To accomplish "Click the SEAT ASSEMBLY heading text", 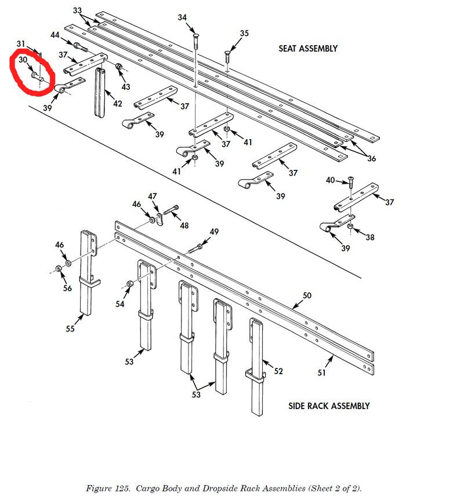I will tap(308, 49).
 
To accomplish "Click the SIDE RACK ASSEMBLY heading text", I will tap(329, 406).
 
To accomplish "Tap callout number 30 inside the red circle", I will tap(23, 60).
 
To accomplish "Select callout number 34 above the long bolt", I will tap(183, 17).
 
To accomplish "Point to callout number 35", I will tap(244, 34).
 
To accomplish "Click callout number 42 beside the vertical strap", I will tap(118, 104).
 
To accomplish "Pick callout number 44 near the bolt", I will tap(55, 35).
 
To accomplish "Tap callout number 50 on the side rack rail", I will tap(307, 296).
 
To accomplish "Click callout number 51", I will tap(322, 373).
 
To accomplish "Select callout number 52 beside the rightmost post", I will tap(278, 371).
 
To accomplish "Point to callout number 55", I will tap(70, 329).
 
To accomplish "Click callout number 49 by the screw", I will tap(214, 232).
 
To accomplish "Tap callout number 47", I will tap(153, 196).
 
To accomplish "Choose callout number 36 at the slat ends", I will tap(371, 158).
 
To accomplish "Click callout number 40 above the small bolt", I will tap(330, 180).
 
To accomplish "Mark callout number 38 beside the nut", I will tap(370, 238).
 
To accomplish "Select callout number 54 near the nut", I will tap(119, 304).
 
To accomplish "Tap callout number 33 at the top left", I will tap(78, 11).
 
